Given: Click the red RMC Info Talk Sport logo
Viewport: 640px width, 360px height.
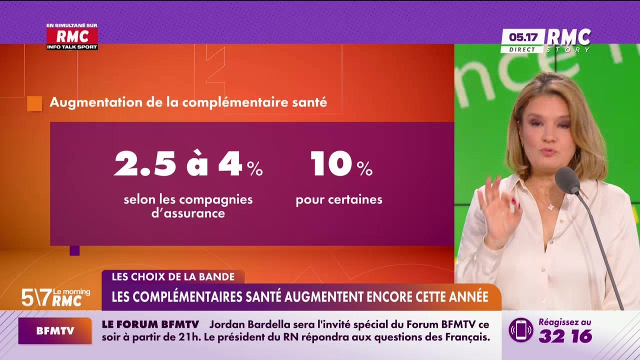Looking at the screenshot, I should click(72, 37).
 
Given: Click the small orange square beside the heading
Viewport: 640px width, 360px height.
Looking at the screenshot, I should click(34, 103).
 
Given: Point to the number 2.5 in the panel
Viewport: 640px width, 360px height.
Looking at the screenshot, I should click(145, 164).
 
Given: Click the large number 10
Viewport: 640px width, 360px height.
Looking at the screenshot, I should click(331, 164).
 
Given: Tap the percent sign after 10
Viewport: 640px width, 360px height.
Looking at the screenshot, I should click(364, 169).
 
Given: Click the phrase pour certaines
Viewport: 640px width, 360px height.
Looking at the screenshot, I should click(338, 200).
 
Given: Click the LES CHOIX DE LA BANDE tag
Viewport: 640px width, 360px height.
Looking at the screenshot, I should click(173, 276).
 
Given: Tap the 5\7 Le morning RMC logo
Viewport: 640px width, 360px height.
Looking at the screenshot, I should click(55, 297).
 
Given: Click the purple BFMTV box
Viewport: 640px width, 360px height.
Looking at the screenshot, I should click(55, 330).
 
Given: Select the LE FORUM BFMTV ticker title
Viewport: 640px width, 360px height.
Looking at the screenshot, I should click(150, 324).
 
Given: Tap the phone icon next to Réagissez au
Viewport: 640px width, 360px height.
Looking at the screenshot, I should click(521, 330).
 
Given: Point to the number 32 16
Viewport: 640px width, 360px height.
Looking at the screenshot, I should click(565, 336).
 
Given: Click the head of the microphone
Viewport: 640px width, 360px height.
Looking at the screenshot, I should click(567, 180).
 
